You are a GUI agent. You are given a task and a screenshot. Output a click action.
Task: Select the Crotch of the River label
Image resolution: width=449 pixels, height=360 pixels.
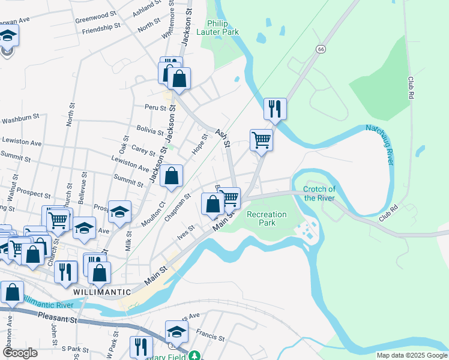pos(319,193)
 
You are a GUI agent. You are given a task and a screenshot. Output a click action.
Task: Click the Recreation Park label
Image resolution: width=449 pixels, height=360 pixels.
pos(267,218)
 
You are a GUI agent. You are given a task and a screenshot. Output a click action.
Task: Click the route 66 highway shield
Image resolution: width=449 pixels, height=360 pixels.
pos(322,49)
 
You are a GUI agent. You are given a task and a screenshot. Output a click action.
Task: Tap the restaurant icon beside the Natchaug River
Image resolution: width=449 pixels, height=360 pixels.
pos(275,109)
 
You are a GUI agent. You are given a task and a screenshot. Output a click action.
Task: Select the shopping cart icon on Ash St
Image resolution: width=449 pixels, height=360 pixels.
pos(261,140)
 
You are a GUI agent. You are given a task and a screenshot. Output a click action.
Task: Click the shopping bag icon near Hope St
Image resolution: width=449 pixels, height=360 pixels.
pos(172,176)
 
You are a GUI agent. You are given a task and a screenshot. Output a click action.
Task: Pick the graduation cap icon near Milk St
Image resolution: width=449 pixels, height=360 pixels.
pos(119,211)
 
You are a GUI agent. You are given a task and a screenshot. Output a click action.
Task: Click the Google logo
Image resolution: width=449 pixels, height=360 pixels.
pos(20,353)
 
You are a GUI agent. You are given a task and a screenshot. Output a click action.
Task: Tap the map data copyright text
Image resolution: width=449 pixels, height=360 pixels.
pos(412,355)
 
